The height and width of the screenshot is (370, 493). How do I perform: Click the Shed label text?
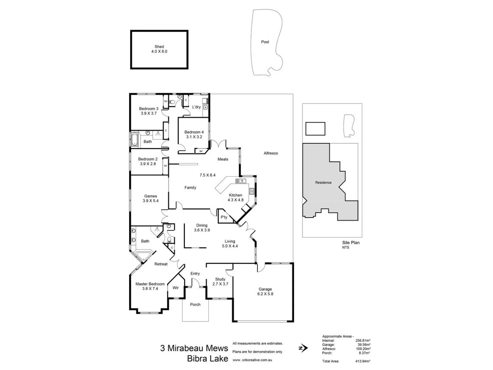[159, 47]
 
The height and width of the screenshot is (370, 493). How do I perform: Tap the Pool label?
[265, 42]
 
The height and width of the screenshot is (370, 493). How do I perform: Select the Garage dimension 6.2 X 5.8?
[265, 294]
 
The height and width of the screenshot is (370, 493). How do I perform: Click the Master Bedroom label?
[150, 284]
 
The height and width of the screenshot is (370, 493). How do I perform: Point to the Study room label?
[220, 279]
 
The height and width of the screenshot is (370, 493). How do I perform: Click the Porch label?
[195, 305]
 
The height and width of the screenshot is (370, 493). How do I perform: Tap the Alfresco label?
[271, 153]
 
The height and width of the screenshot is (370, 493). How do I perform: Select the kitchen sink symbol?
[241, 181]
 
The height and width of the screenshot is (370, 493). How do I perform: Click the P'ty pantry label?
[224, 217]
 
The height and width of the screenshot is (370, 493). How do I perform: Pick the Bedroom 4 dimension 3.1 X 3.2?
[194, 137]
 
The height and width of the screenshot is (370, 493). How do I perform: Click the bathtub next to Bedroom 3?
[134, 139]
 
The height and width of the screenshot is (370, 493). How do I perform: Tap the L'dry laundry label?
[196, 107]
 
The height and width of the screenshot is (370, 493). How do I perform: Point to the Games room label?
[150, 196]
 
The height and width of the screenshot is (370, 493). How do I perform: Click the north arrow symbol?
[302, 348]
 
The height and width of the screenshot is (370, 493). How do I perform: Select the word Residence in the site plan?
[323, 183]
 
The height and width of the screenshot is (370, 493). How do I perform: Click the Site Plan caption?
[351, 243]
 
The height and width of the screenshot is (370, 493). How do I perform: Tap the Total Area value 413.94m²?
[362, 361]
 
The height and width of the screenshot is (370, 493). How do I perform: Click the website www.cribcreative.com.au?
[252, 360]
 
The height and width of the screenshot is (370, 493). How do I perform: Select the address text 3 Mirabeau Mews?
[194, 349]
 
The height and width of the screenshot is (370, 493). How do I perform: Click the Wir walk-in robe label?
[175, 288]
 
